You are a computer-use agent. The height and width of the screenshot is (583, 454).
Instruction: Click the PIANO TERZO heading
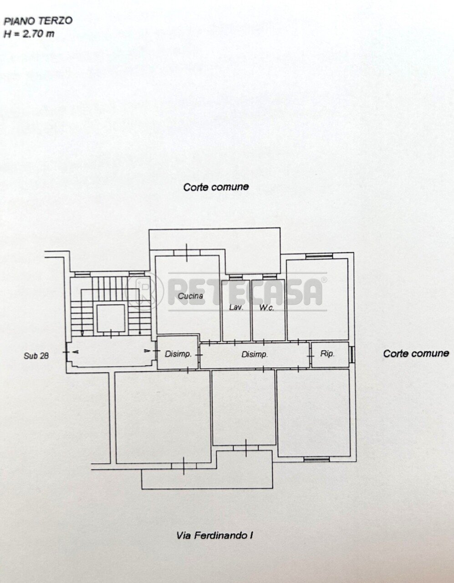point(38,21)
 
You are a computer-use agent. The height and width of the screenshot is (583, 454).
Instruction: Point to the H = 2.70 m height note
point(29,34)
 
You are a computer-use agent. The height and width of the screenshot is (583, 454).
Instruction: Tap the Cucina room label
point(191,296)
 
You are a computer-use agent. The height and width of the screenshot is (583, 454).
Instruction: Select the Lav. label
point(236,307)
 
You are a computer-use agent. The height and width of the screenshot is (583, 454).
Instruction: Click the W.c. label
point(266,308)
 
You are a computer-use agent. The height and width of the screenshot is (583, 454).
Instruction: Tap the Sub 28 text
point(36,356)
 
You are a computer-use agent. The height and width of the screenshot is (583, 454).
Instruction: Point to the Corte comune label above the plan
point(216,187)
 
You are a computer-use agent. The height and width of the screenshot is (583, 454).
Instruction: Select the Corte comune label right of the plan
point(416,353)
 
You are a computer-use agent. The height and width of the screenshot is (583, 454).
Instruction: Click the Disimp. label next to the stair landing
point(178,354)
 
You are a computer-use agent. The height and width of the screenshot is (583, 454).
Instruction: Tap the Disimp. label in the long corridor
point(255,354)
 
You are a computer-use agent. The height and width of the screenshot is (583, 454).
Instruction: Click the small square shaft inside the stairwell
point(111,318)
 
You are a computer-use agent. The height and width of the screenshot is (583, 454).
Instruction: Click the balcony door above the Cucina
point(187,252)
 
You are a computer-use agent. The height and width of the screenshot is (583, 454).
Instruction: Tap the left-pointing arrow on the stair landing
point(75,352)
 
